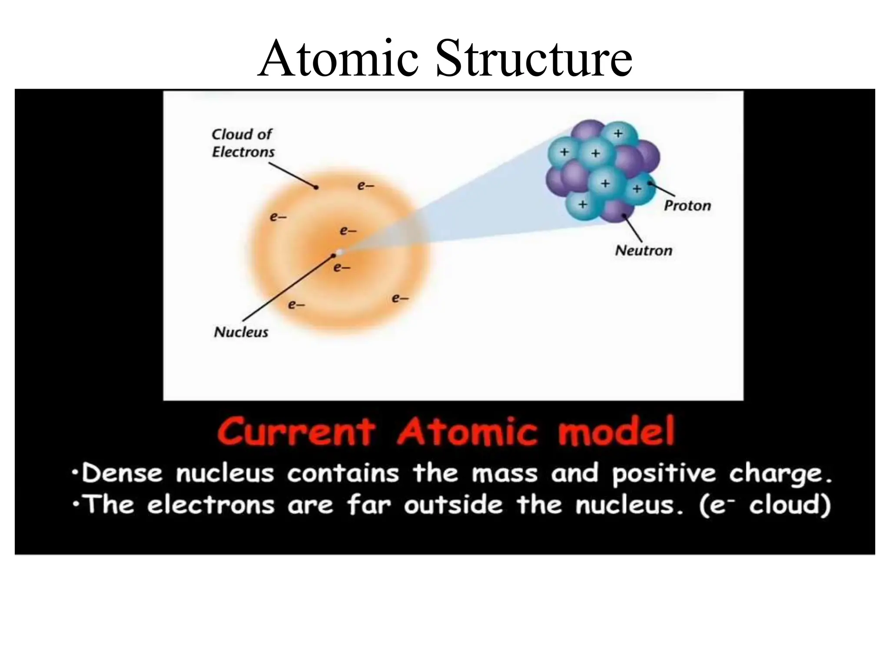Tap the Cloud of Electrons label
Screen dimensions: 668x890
[243, 143]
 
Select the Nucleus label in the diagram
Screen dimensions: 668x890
[241, 332]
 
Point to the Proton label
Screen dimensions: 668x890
[687, 206]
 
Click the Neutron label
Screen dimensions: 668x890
[644, 250]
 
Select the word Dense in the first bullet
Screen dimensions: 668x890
[122, 473]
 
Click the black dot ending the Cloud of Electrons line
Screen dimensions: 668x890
[316, 187]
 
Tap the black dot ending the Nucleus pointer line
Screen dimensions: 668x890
[334, 256]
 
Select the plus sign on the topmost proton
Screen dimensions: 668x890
[618, 134]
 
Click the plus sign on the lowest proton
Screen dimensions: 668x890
[582, 204]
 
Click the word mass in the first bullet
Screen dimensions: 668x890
[505, 473]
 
